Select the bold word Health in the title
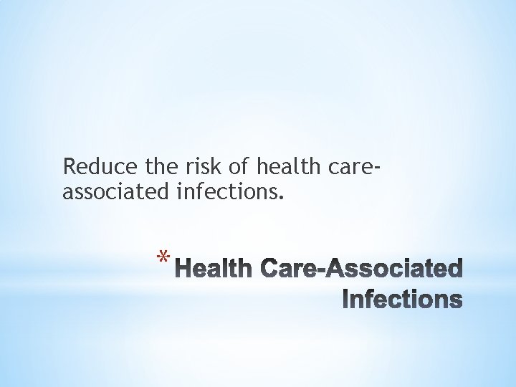click(215, 270)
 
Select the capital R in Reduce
click(70, 166)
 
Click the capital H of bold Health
click(184, 270)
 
